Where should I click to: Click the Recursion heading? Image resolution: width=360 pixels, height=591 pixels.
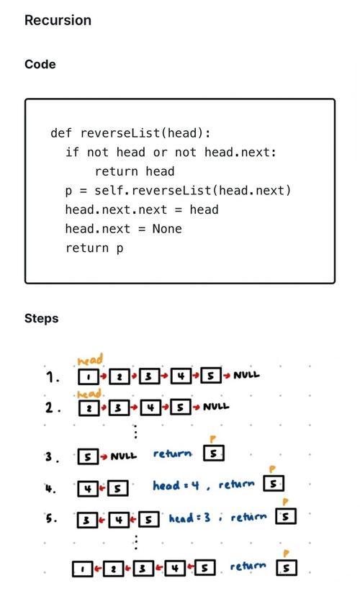pyautogui.click(x=58, y=20)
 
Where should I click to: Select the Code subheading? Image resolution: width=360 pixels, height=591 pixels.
pyautogui.click(x=40, y=64)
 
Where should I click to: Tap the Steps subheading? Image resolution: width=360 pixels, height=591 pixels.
pyautogui.click(x=42, y=318)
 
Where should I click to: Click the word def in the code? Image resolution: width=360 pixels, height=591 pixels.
pyautogui.click(x=60, y=132)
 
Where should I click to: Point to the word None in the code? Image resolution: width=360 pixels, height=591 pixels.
pyautogui.click(x=167, y=228)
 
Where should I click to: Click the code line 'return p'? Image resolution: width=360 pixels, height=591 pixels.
pyautogui.click(x=94, y=248)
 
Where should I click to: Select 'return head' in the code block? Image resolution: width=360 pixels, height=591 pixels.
pyautogui.click(x=135, y=171)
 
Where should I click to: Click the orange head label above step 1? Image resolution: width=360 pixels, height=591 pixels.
pyautogui.click(x=90, y=359)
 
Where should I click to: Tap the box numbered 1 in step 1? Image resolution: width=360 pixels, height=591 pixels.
pyautogui.click(x=89, y=376)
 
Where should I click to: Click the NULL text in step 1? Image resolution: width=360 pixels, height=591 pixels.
pyautogui.click(x=246, y=375)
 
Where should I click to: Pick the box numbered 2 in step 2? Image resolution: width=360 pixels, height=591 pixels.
pyautogui.click(x=89, y=408)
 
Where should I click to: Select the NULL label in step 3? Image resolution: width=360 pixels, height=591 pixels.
pyautogui.click(x=124, y=456)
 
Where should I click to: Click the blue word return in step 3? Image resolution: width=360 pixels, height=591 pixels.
pyautogui.click(x=172, y=454)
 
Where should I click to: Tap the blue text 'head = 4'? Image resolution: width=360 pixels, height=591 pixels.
pyautogui.click(x=176, y=485)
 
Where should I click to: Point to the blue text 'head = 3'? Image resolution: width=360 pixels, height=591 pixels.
pyautogui.click(x=189, y=518)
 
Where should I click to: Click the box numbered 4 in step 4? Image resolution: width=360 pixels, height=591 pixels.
pyautogui.click(x=88, y=489)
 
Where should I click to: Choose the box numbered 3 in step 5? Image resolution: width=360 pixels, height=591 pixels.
pyautogui.click(x=86, y=520)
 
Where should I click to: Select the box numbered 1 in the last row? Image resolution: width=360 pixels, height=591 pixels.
pyautogui.click(x=82, y=569)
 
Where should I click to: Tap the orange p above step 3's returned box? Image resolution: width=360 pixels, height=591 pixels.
pyautogui.click(x=213, y=439)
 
